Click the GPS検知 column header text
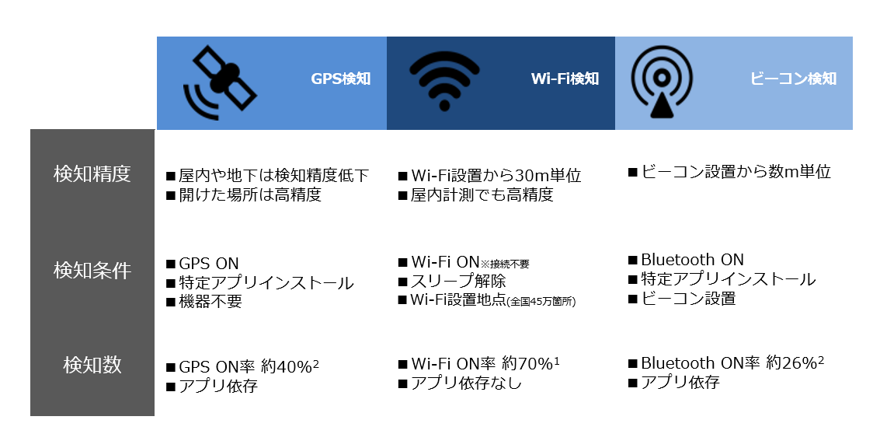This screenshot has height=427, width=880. tap(341, 79)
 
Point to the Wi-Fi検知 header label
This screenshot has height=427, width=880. tap(565, 79)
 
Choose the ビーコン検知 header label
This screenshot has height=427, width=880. tap(794, 79)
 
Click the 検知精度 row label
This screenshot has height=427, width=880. tap(92, 174)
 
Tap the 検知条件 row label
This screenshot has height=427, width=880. tap(92, 271)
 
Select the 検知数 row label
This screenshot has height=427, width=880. tap(92, 366)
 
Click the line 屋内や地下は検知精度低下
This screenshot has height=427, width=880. tap(273, 176)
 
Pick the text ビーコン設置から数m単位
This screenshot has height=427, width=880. tap(736, 172)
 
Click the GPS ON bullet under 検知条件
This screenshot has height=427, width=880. tap(208, 264)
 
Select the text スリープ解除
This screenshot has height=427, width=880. tap(458, 281)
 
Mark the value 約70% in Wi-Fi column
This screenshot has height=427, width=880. tap(527, 364)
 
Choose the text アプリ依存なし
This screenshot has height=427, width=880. tap(466, 383)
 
